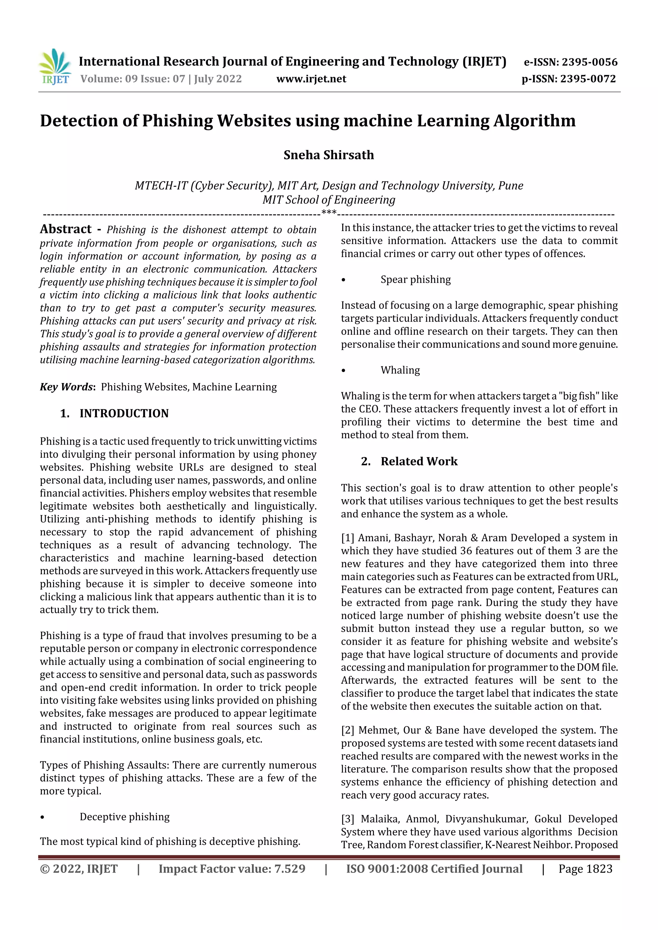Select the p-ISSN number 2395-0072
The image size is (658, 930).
[588, 79]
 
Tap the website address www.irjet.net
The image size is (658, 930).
[311, 79]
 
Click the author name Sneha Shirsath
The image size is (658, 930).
[328, 155]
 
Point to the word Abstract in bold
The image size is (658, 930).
[66, 229]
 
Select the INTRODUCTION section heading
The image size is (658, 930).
[124, 413]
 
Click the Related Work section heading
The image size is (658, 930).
[419, 461]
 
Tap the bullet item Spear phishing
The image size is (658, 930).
[415, 280]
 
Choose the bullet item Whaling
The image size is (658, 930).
[400, 370]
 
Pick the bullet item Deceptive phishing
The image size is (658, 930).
[124, 817]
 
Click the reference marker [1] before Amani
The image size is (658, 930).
[347, 538]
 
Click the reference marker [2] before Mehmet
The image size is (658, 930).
[347, 730]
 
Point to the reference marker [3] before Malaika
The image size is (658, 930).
[347, 819]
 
